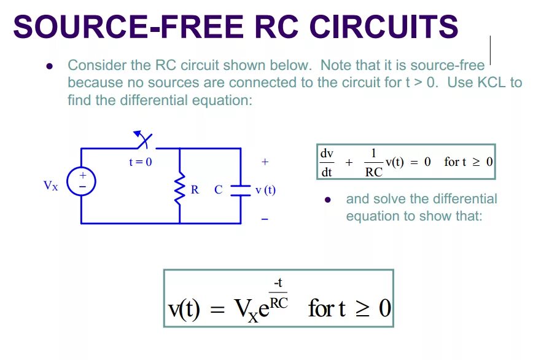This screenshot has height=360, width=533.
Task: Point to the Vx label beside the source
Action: click(50, 186)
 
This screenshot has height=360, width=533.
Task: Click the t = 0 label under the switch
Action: click(140, 162)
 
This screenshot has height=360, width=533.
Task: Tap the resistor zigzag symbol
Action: click(179, 190)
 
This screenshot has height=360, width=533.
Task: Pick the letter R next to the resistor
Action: click(195, 190)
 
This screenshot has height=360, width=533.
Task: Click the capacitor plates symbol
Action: click(240, 190)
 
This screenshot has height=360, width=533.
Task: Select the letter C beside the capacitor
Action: click(219, 190)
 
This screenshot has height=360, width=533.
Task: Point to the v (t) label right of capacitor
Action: click(265, 190)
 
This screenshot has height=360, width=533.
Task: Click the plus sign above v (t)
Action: click(265, 162)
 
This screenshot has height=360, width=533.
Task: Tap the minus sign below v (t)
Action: click(265, 219)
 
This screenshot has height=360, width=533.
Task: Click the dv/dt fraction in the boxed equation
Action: click(326, 162)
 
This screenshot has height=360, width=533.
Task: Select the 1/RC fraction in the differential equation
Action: click(373, 162)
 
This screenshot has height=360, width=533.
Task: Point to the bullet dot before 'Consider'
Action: click(51, 66)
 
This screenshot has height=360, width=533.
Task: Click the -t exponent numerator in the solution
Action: click(278, 283)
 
